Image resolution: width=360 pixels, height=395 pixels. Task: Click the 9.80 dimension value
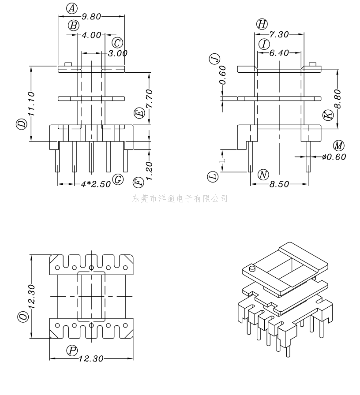click(x=91, y=17)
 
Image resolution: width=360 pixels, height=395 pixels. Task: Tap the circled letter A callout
click(x=72, y=8)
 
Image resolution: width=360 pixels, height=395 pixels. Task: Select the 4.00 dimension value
click(x=91, y=35)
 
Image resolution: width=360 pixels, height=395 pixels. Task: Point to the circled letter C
click(x=117, y=43)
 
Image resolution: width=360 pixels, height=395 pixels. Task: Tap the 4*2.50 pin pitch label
click(x=96, y=184)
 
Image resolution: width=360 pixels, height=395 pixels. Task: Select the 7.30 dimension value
click(x=279, y=34)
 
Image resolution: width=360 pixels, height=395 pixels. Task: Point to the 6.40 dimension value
click(x=279, y=53)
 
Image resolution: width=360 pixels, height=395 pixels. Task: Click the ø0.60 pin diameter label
click(x=334, y=156)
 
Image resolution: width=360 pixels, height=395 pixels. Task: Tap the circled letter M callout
click(x=338, y=146)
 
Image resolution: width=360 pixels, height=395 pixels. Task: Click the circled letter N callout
click(x=263, y=175)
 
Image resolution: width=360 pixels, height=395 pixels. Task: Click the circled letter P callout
click(x=72, y=350)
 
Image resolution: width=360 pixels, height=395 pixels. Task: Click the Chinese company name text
click(x=180, y=199)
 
